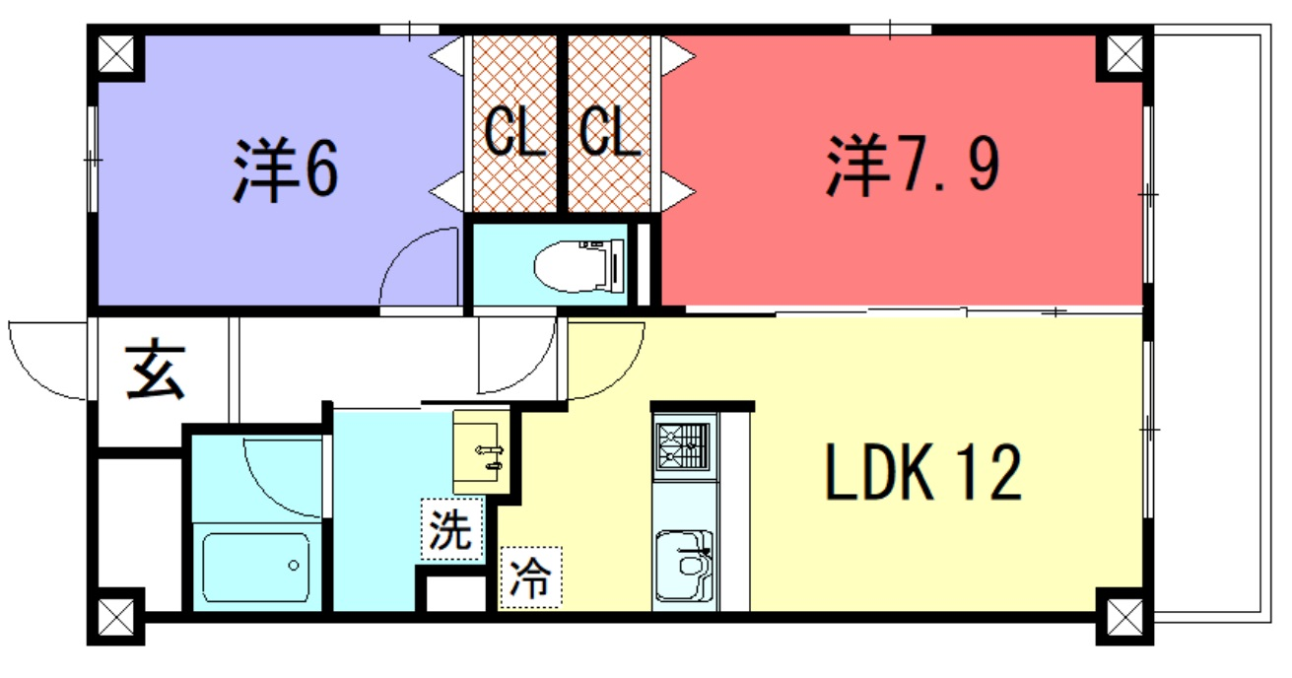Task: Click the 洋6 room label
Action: [286, 170]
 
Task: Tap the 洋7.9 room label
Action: [912, 165]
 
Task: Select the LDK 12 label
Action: [923, 472]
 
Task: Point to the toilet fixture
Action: [579, 266]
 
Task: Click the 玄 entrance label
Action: [155, 371]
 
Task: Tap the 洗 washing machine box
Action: [451, 528]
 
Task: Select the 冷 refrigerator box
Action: [530, 577]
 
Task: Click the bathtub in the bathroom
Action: [256, 568]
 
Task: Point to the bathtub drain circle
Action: [294, 566]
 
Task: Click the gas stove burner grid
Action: [684, 446]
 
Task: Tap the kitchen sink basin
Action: [685, 565]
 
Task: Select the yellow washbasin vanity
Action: [482, 452]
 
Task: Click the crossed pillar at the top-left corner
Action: [115, 54]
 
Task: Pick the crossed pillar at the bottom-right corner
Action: [1124, 617]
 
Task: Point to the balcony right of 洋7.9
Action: [1212, 323]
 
